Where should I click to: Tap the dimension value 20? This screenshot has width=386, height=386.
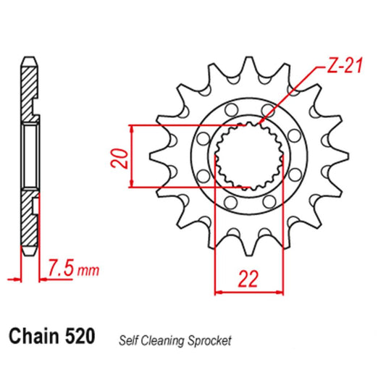point(122,159)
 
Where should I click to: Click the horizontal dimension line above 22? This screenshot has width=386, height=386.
point(248,293)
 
